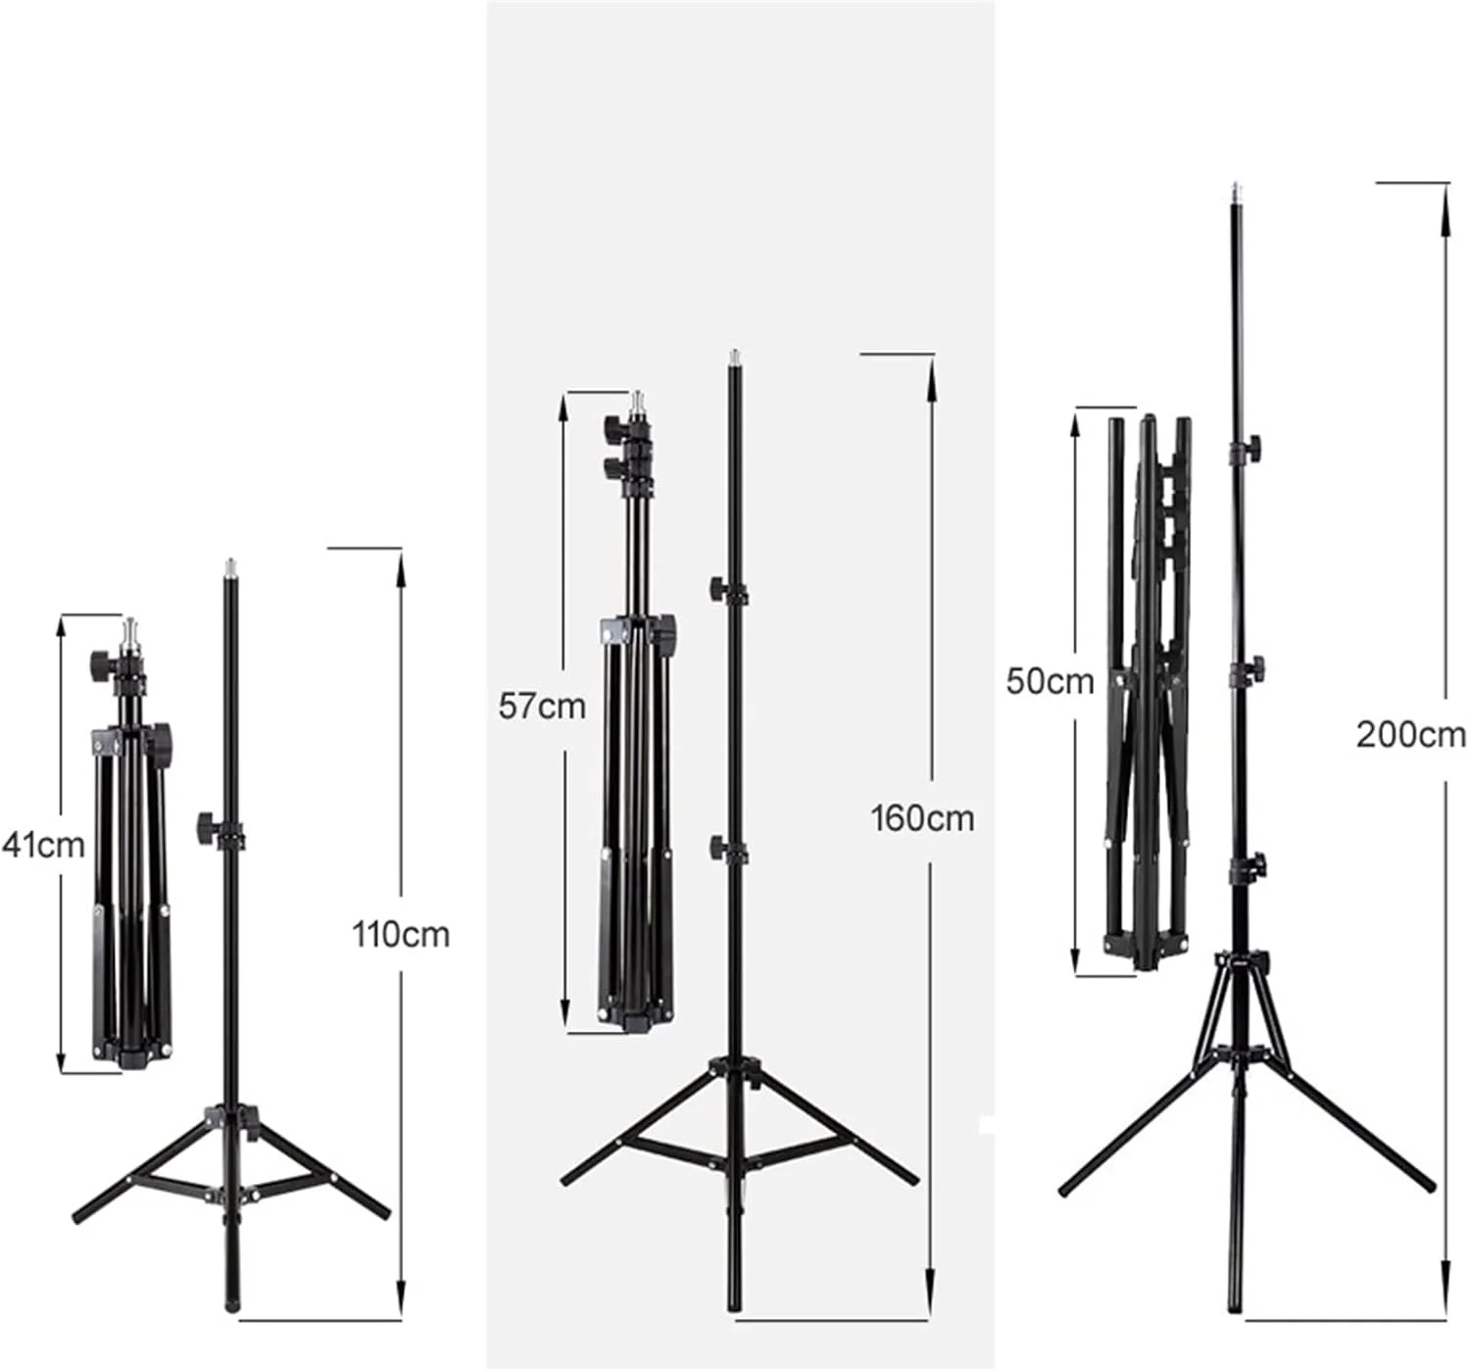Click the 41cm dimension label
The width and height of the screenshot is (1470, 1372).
click(43, 845)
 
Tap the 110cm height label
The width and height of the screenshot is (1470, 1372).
click(401, 935)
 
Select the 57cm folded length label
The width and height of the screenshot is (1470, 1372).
click(542, 707)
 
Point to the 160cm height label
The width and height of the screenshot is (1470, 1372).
click(922, 819)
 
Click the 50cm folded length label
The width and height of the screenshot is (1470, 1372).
click(1050, 682)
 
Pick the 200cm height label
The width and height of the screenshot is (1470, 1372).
click(1411, 736)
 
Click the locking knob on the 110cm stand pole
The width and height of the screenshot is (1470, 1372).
click(208, 823)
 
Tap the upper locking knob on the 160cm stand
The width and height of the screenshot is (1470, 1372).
click(719, 589)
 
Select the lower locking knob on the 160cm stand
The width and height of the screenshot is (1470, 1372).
click(719, 847)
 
